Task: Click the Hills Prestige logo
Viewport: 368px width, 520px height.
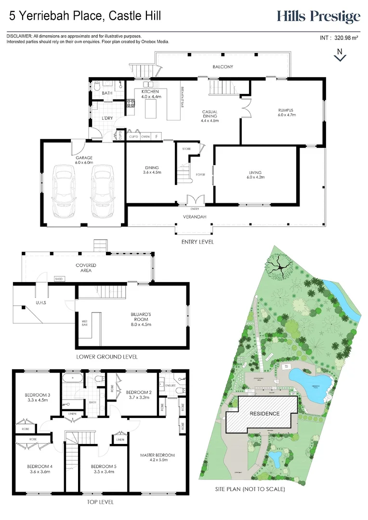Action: [318, 17]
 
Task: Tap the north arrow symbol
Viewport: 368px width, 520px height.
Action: [340, 55]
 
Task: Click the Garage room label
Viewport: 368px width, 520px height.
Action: [83, 160]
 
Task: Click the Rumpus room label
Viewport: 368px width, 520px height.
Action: [286, 113]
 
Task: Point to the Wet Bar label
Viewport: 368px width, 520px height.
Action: [85, 324]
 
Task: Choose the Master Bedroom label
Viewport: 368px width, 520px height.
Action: [158, 457]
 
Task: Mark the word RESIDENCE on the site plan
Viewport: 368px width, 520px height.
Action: [264, 414]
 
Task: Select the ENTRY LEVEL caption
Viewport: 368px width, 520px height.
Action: [197, 242]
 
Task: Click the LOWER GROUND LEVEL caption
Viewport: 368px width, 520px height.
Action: [107, 357]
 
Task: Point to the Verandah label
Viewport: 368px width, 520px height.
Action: [195, 217]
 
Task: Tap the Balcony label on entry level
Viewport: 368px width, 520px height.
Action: [223, 67]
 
